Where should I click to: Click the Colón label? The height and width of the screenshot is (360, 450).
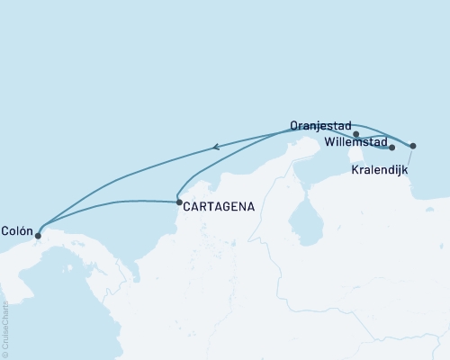(x=18, y=229)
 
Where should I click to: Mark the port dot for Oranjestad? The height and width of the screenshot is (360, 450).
(x=357, y=134)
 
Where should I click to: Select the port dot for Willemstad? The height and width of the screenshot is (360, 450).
(x=392, y=148)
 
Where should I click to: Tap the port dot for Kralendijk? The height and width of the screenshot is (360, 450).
(x=413, y=146)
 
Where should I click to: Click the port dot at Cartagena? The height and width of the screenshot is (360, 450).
(x=179, y=202)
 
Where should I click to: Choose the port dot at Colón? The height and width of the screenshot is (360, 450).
(x=38, y=236)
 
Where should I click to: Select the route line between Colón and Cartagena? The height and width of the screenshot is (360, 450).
(x=108, y=202)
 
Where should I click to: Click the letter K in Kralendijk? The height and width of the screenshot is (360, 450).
(x=355, y=169)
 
